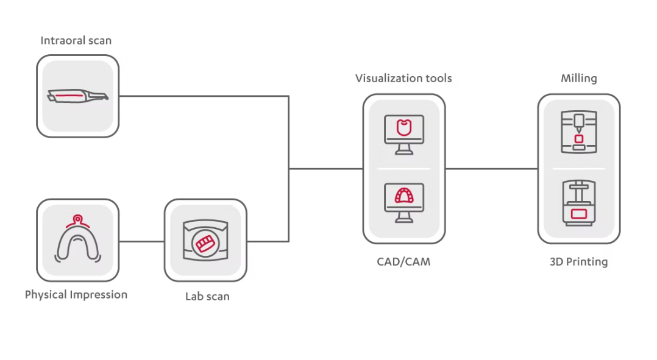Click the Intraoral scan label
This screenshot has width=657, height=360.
(x=76, y=41)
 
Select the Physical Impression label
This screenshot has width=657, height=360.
(x=76, y=295)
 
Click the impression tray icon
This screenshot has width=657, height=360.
(x=77, y=241)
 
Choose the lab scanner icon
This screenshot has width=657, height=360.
(x=205, y=241)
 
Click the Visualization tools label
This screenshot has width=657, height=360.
(x=403, y=78)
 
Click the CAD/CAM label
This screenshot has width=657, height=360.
(x=403, y=262)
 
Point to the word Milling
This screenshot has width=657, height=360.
(x=578, y=78)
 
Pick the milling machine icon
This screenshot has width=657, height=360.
(x=578, y=132)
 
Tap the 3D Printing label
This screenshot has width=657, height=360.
(x=578, y=262)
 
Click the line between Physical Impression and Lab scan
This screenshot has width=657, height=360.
(x=141, y=241)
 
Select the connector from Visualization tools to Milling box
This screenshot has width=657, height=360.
(x=491, y=169)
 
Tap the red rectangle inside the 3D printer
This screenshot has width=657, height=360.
(x=578, y=214)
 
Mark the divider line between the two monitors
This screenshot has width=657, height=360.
(x=403, y=169)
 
